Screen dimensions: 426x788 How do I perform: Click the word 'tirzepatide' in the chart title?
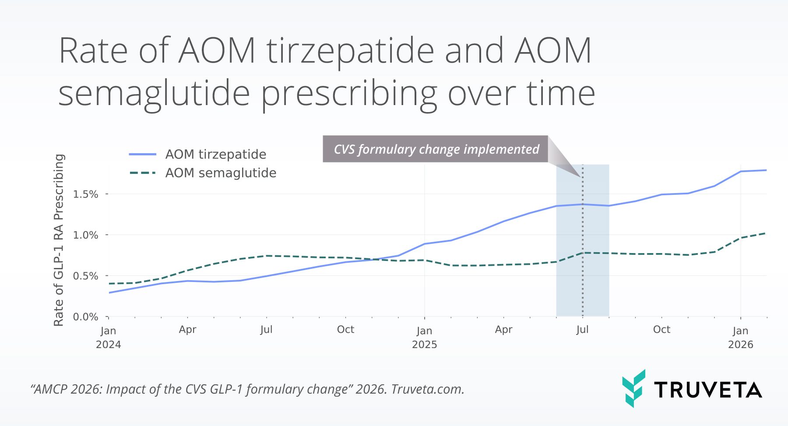tap(350, 51)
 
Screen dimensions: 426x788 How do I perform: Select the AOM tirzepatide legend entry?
tap(215, 155)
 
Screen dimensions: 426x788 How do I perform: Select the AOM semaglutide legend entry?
tap(220, 173)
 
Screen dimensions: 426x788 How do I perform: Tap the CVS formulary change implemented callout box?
tap(436, 149)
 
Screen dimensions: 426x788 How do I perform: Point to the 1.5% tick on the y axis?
tap(86, 194)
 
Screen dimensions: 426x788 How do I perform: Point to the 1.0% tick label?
tap(86, 235)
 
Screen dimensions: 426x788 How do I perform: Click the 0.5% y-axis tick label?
tap(86, 276)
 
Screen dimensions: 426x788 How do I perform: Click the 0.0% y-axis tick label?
tap(86, 317)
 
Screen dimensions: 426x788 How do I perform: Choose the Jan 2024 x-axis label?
tap(108, 337)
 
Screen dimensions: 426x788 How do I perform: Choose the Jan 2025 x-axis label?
tap(424, 337)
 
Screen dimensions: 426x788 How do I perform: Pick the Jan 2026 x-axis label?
tap(740, 337)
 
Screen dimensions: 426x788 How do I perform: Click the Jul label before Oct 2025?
tap(582, 330)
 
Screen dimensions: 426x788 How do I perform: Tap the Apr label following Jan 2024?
tap(187, 330)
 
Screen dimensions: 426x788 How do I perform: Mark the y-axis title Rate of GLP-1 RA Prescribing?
tap(59, 240)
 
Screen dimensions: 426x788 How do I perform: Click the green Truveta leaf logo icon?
tap(633, 388)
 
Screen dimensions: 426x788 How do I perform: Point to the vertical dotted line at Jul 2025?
tap(583, 263)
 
